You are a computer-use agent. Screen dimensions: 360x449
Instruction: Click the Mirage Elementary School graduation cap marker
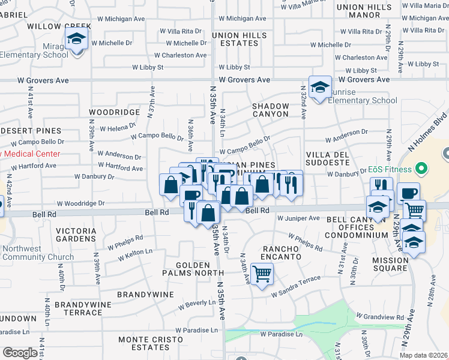(77, 40)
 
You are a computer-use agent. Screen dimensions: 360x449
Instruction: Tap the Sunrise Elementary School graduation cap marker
(320, 86)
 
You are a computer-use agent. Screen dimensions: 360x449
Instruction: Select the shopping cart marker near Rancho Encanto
(262, 274)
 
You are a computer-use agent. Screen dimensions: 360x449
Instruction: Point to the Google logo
(20, 353)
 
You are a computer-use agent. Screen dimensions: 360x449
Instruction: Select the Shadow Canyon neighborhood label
(271, 110)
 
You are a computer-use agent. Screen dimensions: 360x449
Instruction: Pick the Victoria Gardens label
(76, 235)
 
